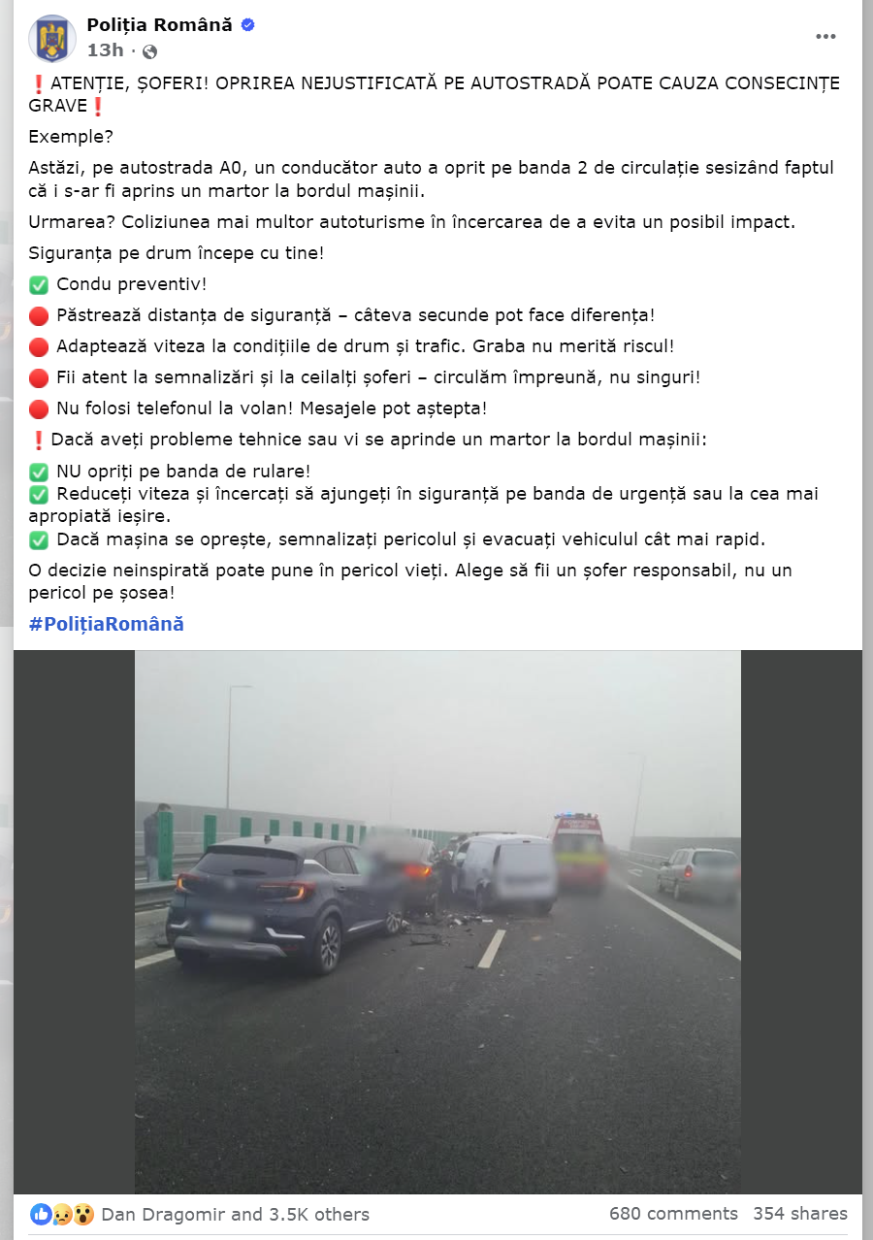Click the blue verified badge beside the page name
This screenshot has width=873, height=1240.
pyautogui.click(x=247, y=25)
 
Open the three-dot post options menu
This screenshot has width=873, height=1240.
pyautogui.click(x=825, y=37)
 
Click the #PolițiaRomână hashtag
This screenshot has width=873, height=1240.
pyautogui.click(x=106, y=624)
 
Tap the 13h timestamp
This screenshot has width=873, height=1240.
pyautogui.click(x=105, y=50)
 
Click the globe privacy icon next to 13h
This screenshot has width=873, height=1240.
pyautogui.click(x=149, y=51)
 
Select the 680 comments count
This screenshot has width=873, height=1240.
pyautogui.click(x=673, y=1214)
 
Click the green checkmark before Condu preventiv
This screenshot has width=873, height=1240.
pyautogui.click(x=39, y=285)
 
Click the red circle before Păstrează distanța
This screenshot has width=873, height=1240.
pyautogui.click(x=39, y=315)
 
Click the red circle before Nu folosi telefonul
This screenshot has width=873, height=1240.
pyautogui.click(x=39, y=408)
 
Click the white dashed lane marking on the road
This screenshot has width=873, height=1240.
pyautogui.click(x=492, y=948)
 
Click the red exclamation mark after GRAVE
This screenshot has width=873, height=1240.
pyautogui.click(x=97, y=106)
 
